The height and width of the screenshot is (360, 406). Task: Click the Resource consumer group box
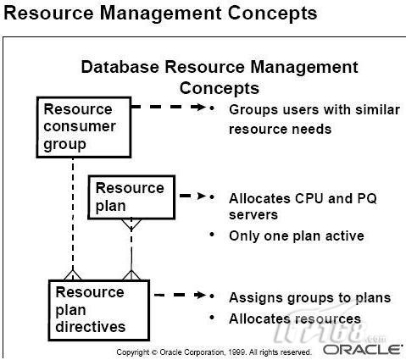coord(84,127)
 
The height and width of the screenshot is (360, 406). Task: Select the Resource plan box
coord(131,197)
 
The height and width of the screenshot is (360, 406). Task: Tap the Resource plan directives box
coord(99,310)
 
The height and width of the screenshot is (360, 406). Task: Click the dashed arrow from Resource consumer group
coord(169,107)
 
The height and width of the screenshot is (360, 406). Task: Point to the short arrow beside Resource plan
coord(192,196)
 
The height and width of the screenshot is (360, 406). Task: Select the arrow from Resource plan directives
coord(181,295)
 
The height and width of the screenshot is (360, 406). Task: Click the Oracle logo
coord(363,350)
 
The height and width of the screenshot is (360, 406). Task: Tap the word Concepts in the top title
coord(272,14)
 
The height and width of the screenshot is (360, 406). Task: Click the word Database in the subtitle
coord(120,67)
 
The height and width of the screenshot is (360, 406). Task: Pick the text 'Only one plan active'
coord(297,236)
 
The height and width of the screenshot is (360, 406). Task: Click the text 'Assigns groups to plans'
coord(310,298)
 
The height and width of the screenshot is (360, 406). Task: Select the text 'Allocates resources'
coord(295,318)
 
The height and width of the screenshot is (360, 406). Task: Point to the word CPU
coord(309,198)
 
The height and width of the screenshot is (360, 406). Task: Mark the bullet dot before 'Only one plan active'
coord(212,234)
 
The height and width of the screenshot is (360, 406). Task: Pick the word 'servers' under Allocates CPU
coord(253,215)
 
